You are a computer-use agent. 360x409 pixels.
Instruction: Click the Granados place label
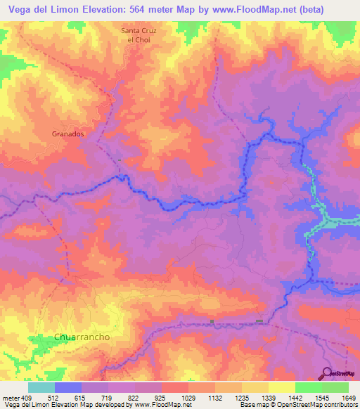coord(68,133)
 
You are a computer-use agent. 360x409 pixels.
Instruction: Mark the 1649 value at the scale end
coord(348,398)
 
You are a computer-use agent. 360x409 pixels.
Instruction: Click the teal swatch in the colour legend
coord(41,387)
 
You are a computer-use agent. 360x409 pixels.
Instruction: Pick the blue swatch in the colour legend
coord(68,387)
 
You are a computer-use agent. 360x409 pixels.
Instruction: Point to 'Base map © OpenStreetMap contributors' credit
coord(297,405)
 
